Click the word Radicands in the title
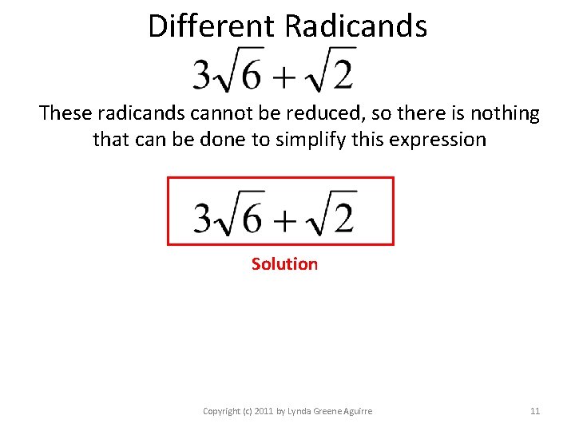click(x=355, y=26)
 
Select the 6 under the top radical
click(x=251, y=75)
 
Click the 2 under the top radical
click(x=342, y=75)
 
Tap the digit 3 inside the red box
click(x=204, y=216)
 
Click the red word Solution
click(x=284, y=264)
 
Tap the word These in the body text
click(x=65, y=113)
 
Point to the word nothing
click(x=506, y=113)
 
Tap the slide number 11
click(x=535, y=411)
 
